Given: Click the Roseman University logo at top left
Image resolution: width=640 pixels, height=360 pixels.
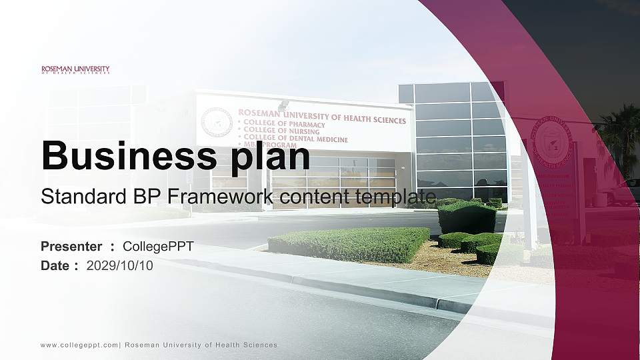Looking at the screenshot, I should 75,69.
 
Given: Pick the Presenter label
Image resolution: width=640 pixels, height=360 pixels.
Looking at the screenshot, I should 71,247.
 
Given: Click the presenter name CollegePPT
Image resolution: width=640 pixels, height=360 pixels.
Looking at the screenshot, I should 159,247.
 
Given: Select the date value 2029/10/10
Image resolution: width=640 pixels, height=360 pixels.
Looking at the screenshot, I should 119,266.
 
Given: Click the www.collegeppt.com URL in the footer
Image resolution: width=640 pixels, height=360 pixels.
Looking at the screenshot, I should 79,345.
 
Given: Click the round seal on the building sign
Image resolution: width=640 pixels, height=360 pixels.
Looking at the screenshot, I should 217,123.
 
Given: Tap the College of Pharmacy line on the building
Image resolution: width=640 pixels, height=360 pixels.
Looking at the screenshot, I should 284,125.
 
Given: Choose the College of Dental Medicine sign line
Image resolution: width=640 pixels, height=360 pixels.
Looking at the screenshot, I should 295,139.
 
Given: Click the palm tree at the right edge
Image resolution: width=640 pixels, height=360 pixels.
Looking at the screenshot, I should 622,133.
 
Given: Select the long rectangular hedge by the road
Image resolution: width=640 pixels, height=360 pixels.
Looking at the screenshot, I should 349,244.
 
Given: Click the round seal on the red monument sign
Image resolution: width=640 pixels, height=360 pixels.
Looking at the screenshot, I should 550,139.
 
